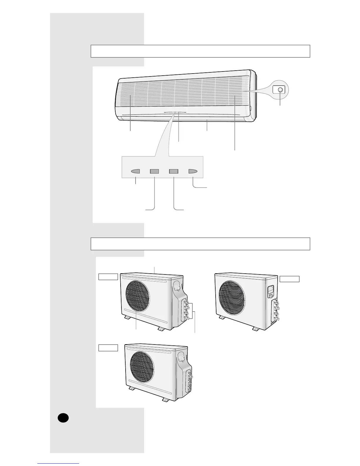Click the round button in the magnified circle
[x=280, y=89]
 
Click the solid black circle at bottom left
[x=63, y=418]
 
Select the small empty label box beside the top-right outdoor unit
[x=289, y=279]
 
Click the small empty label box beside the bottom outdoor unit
[x=108, y=348]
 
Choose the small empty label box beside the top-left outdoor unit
[x=108, y=277]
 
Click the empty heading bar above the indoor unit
[x=200, y=51]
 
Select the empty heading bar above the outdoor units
[x=200, y=244]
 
